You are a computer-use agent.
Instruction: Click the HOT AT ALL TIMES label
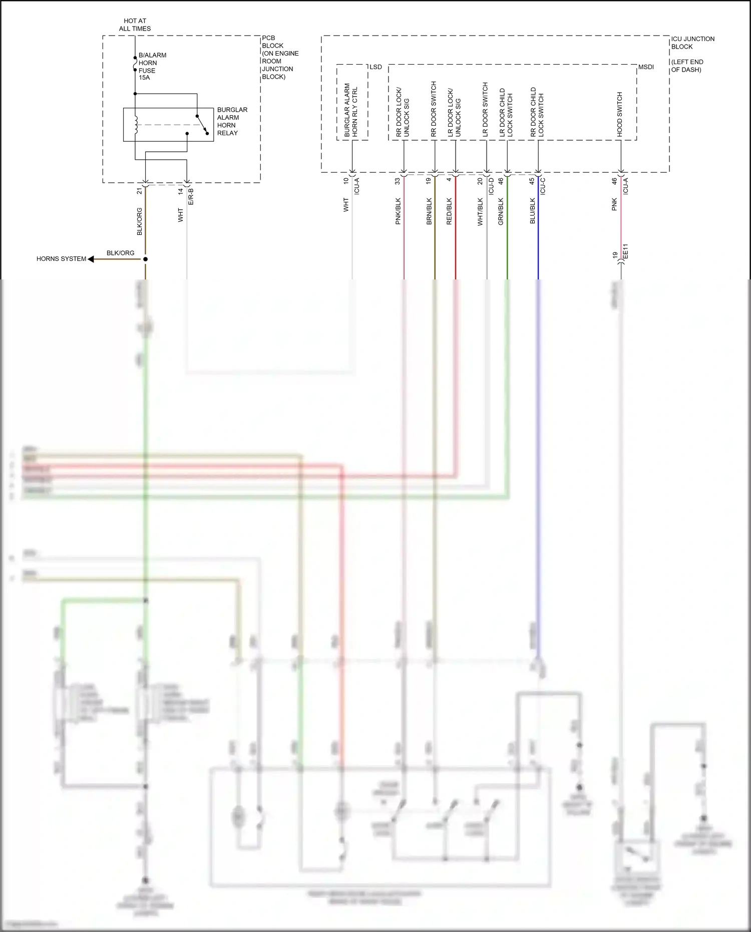coord(135,25)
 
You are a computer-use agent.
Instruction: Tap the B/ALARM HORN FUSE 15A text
coord(152,67)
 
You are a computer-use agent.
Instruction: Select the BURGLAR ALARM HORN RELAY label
coord(232,121)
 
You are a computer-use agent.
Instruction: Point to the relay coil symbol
coord(136,125)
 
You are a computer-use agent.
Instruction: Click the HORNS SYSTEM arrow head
coord(91,259)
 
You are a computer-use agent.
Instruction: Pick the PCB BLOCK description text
coord(280,57)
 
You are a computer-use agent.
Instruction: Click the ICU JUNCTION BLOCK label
coord(692,43)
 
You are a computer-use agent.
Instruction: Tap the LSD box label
coord(375,67)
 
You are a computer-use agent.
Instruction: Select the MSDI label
coord(646,67)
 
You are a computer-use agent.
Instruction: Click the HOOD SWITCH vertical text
coord(620,115)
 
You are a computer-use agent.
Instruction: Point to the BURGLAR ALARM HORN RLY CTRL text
coord(351,110)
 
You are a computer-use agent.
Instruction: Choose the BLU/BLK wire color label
coord(533,211)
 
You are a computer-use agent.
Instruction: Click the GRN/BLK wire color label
coord(501,211)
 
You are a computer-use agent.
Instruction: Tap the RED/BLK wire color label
coord(449,211)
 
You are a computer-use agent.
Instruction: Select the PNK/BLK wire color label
coord(399,211)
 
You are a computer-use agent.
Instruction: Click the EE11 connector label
coord(625,252)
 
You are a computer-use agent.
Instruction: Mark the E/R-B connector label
coord(191,197)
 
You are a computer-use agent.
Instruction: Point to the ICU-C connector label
coord(543,186)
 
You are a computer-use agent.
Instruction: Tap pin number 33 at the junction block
coord(398,181)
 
